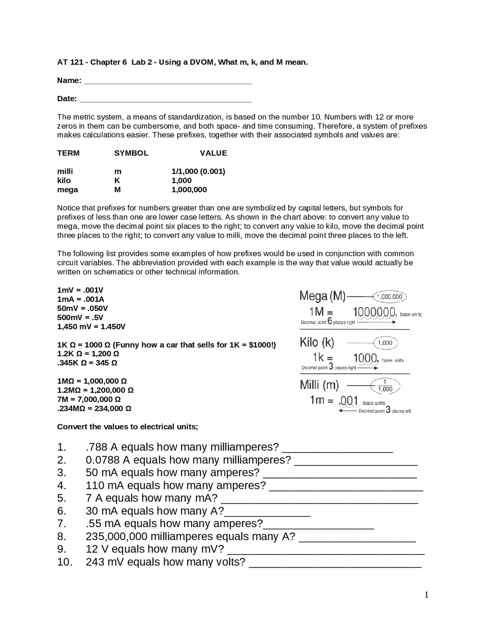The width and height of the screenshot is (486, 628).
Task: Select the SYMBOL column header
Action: click(x=131, y=153)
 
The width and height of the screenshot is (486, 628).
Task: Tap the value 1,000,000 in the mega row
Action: click(x=189, y=190)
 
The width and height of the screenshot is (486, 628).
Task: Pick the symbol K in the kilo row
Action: click(x=117, y=181)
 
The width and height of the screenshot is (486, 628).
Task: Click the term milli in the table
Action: click(x=65, y=171)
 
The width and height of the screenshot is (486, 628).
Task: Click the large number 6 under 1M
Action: click(x=330, y=321)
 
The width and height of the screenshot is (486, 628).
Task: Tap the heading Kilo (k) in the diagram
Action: click(x=317, y=342)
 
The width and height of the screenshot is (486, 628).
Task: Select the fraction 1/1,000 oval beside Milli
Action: click(x=385, y=386)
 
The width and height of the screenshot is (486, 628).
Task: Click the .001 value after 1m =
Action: click(x=349, y=400)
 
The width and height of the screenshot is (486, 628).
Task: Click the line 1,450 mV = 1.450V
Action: click(x=91, y=327)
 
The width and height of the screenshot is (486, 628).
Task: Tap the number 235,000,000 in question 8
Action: click(x=117, y=537)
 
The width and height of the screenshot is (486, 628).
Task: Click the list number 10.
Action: click(x=65, y=562)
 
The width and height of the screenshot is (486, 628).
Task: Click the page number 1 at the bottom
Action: click(x=426, y=595)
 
